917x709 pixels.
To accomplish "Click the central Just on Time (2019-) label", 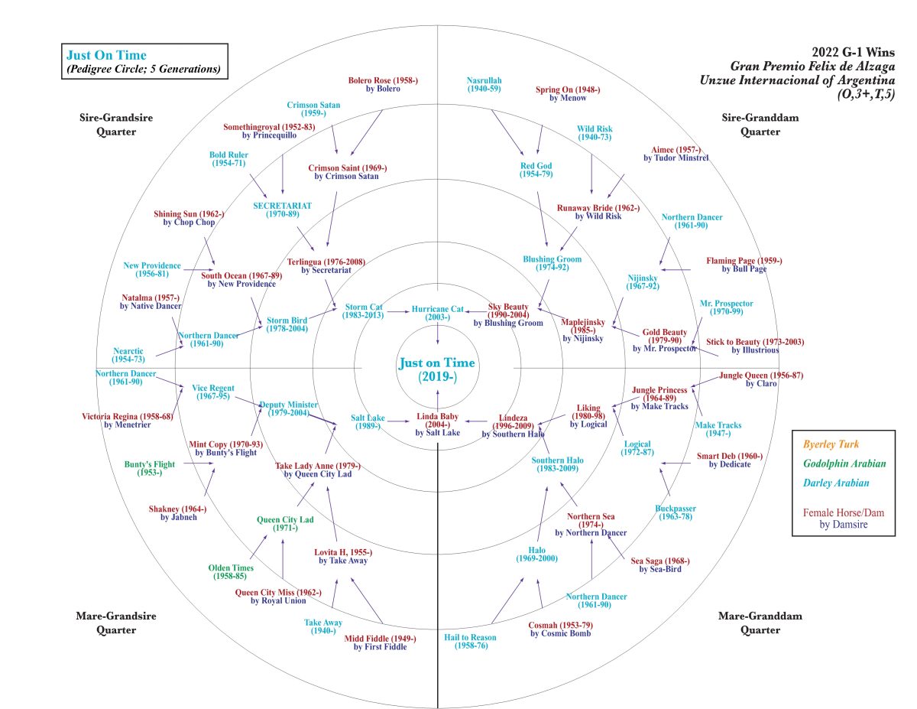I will (x=436, y=369).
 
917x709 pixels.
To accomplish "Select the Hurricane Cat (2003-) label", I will (x=437, y=314).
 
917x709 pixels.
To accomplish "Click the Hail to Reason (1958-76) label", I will (x=470, y=642).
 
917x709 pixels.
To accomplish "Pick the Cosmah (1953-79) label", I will (x=560, y=629).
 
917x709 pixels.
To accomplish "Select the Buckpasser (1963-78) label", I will (x=676, y=512).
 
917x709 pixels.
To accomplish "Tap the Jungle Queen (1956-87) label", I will (x=751, y=379).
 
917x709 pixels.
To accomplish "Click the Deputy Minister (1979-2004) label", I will (x=289, y=408).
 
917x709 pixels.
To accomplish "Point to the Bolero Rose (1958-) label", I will (x=383, y=84).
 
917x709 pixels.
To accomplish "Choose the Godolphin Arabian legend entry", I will (x=844, y=463).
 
